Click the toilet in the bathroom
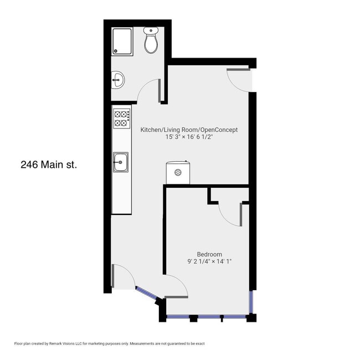[x=151, y=40]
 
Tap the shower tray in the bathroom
[x=122, y=42]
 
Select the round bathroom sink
[x=118, y=80]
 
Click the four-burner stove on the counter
[x=122, y=119]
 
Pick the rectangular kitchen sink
[x=121, y=162]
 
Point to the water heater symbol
[x=178, y=172]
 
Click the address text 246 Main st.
[x=49, y=164]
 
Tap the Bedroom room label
[x=209, y=254]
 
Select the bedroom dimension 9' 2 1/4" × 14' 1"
[x=209, y=261]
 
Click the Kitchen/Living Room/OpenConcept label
[x=189, y=130]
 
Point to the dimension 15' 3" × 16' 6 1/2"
[x=189, y=137]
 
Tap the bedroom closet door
[x=230, y=215]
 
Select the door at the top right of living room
[x=238, y=80]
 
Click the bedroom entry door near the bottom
[x=176, y=286]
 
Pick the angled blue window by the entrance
[x=147, y=293]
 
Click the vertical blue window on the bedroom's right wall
[x=251, y=302]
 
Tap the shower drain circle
[x=116, y=51]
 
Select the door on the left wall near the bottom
[x=124, y=275]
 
